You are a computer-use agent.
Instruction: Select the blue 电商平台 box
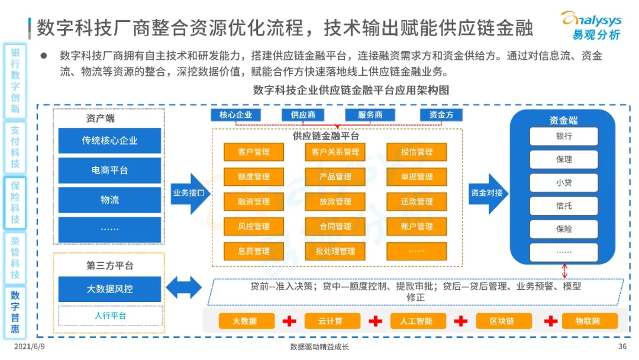(109, 171)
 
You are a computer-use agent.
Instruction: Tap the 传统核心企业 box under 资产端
(109, 141)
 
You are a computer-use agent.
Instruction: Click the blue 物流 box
(109, 200)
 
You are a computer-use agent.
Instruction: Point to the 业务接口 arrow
(190, 193)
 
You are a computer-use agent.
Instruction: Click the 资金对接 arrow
(488, 193)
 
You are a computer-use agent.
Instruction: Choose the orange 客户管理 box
(254, 152)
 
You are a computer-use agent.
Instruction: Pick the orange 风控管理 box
(254, 226)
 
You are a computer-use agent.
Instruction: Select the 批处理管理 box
(335, 251)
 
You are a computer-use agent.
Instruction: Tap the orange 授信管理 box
(417, 152)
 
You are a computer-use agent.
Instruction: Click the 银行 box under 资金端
(563, 136)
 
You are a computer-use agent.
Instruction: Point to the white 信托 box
(563, 206)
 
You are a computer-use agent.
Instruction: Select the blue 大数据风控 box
(109, 290)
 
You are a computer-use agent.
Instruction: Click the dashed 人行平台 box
(110, 316)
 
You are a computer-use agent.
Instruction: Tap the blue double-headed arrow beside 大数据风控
(183, 288)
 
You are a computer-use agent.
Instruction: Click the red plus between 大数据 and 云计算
(289, 321)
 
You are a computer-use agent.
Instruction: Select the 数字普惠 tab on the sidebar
(15, 311)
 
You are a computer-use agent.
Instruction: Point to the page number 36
(622, 347)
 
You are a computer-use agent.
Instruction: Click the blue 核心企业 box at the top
(235, 115)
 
